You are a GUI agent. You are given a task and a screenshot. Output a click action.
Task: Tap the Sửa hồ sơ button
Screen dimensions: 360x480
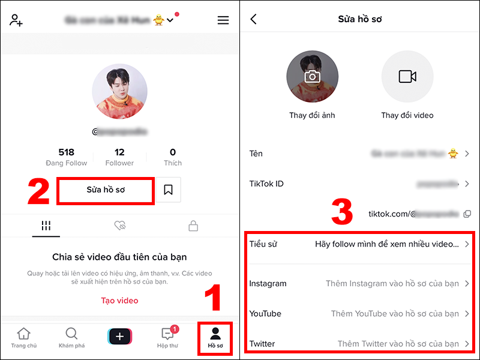[106, 190]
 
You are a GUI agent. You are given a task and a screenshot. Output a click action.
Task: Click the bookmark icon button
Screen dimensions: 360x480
[168, 190]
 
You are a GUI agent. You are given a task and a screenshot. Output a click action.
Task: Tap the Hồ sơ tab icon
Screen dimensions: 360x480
[215, 334]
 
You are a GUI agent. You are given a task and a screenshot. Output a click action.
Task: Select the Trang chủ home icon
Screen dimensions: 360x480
[23, 334]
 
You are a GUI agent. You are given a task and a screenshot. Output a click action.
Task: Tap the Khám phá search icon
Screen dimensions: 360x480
[71, 334]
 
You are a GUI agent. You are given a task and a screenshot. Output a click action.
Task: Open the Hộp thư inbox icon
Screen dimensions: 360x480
[167, 334]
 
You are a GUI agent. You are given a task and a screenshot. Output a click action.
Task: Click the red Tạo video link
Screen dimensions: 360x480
[119, 301]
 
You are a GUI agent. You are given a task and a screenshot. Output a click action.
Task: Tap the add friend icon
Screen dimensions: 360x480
[16, 20]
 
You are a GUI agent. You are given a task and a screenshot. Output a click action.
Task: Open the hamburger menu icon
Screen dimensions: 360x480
[223, 20]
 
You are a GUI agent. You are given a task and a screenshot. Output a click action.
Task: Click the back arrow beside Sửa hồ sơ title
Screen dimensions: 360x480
[253, 19]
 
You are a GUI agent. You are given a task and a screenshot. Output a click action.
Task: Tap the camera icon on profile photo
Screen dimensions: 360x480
[312, 77]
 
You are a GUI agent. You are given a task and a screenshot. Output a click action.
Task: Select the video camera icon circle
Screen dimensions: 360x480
[407, 77]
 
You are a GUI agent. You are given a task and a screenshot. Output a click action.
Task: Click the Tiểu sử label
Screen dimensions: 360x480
[263, 244]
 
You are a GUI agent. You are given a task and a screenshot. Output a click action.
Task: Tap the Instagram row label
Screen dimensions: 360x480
[268, 283]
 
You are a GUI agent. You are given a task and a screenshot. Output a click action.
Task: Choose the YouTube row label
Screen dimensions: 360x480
[265, 313]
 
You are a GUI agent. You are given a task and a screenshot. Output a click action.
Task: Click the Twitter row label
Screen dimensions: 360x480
[262, 344]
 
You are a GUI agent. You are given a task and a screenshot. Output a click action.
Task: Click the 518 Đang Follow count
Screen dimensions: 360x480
[66, 157]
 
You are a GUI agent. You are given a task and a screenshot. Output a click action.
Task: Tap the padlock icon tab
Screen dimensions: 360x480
[193, 226]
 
